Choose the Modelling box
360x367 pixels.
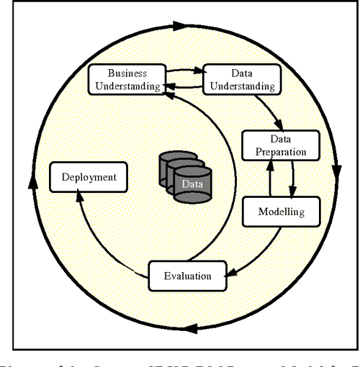coord(282,212)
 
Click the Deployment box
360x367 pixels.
coord(84,176)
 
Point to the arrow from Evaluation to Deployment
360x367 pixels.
coord(101,237)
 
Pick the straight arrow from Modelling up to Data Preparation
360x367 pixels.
coord(270,178)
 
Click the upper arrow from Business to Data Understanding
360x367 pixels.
coord(184,70)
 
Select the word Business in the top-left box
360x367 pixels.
coord(127,73)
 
